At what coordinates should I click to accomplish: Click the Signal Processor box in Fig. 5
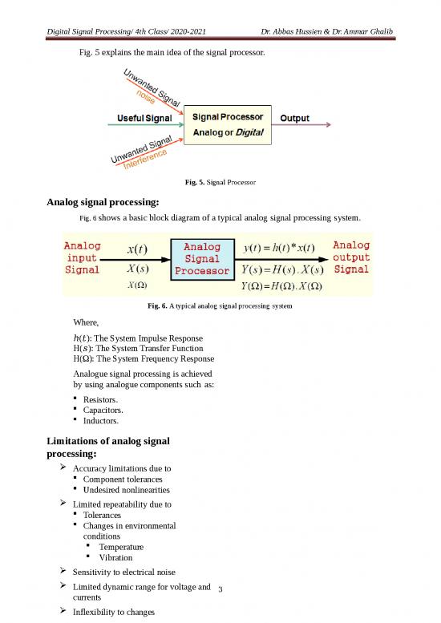pyautogui.click(x=230, y=124)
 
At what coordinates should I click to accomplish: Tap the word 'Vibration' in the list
pyautogui.click(x=116, y=557)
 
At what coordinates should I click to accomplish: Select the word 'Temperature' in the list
pyautogui.click(x=121, y=546)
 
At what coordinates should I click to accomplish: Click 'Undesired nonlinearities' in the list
pyautogui.click(x=127, y=489)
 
